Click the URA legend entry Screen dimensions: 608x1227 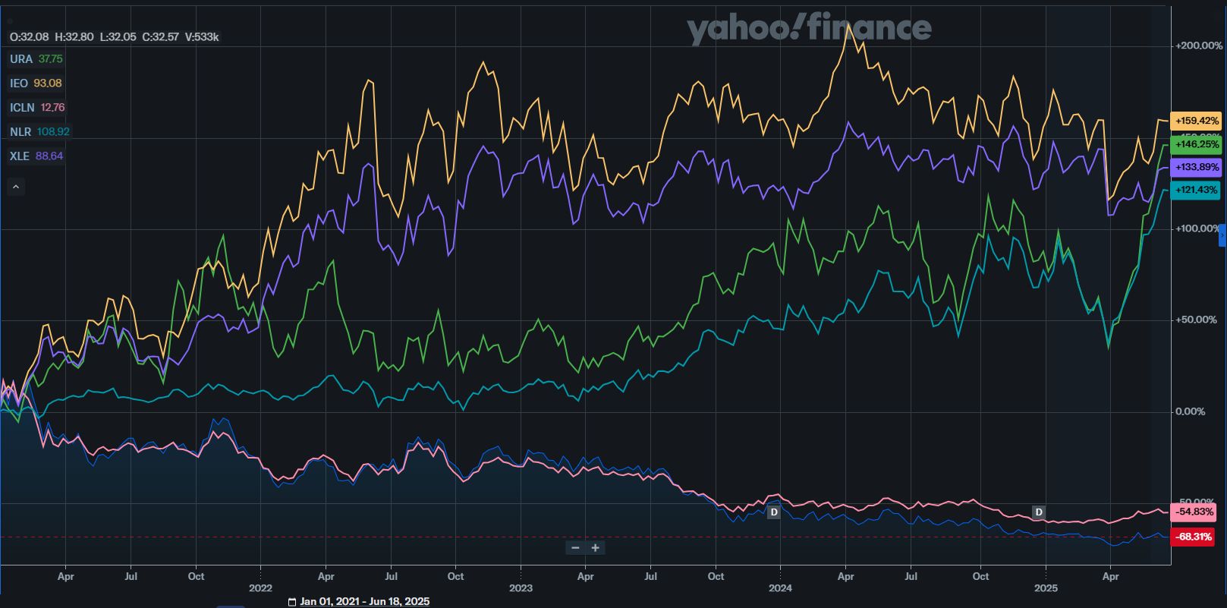coord(21,59)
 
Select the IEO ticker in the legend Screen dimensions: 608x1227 coord(19,83)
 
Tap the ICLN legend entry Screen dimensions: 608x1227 coord(22,108)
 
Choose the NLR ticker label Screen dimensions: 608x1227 coord(20,132)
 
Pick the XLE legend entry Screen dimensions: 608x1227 coord(20,156)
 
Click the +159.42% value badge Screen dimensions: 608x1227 coord(1196,121)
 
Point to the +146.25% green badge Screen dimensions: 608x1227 coord(1196,144)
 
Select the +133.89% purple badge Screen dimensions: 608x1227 coord(1196,167)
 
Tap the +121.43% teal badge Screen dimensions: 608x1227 coord(1196,190)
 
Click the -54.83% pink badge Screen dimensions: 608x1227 coord(1194,512)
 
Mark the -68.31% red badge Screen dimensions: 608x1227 coord(1193,537)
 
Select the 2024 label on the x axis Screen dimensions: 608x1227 coord(780,588)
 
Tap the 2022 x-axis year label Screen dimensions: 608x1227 coord(260,588)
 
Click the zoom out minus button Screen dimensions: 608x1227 coord(575,548)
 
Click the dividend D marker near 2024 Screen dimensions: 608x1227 coord(774,512)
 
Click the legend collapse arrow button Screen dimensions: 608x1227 coord(16,187)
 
